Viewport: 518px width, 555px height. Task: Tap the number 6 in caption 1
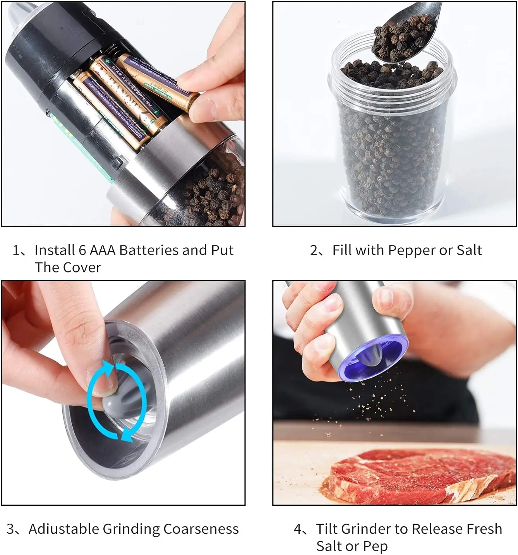[x=82, y=250]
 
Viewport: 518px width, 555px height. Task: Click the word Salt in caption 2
[x=469, y=250]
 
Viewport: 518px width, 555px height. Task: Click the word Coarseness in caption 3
[x=201, y=529]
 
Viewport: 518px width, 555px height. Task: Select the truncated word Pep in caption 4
[x=375, y=546]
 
